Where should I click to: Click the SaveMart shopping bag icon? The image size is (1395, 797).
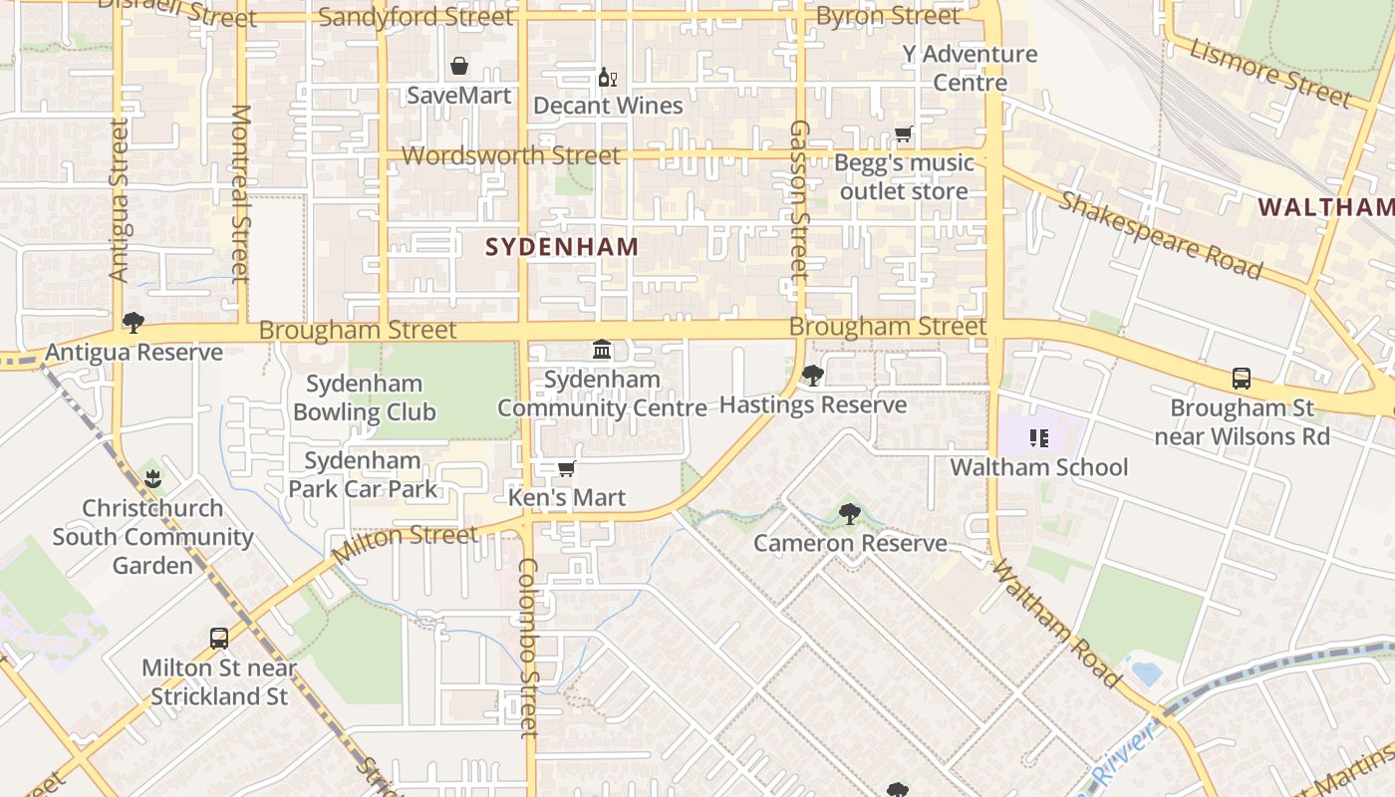coord(459,66)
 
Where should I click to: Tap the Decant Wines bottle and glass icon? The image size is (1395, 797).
coord(607,77)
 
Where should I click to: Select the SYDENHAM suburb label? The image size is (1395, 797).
coord(562,246)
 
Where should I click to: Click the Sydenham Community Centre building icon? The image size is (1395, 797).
coord(602,350)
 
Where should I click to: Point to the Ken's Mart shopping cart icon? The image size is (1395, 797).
coord(566,468)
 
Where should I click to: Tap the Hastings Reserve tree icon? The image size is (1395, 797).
coord(813,376)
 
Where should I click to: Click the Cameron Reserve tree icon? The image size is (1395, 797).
coord(849,514)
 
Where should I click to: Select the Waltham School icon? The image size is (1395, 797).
coord(1039,438)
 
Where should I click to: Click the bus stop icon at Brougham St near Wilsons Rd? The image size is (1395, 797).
coord(1242,379)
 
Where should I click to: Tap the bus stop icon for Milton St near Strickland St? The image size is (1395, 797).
coord(219,639)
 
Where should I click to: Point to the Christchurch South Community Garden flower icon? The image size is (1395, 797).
coord(152,479)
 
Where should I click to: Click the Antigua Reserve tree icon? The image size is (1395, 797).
coord(134,323)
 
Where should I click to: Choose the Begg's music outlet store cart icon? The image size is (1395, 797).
coord(904,133)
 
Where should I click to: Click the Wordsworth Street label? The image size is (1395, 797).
coord(510,155)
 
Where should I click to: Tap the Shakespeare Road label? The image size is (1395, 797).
coord(1161,235)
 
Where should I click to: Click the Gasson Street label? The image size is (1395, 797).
coord(799,199)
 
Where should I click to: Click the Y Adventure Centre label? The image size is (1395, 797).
coord(971,68)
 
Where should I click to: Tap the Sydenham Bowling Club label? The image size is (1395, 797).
coord(365,398)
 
